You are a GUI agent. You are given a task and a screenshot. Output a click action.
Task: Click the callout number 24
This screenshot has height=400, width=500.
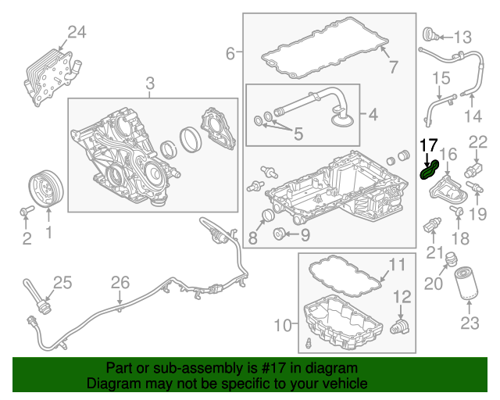[77, 33]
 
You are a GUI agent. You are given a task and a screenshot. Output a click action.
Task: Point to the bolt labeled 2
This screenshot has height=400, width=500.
[24, 210]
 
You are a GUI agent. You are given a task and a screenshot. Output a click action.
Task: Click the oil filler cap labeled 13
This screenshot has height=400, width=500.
[430, 35]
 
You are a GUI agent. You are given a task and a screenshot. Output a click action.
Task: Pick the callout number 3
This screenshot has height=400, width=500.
[149, 83]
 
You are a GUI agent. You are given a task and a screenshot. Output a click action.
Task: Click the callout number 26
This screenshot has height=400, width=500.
[119, 282]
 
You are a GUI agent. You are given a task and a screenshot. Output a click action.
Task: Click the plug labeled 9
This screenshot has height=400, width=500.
[278, 234]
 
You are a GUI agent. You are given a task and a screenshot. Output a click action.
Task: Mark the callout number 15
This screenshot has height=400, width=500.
[442, 78]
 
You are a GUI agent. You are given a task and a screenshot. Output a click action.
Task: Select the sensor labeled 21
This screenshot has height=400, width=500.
[430, 226]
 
